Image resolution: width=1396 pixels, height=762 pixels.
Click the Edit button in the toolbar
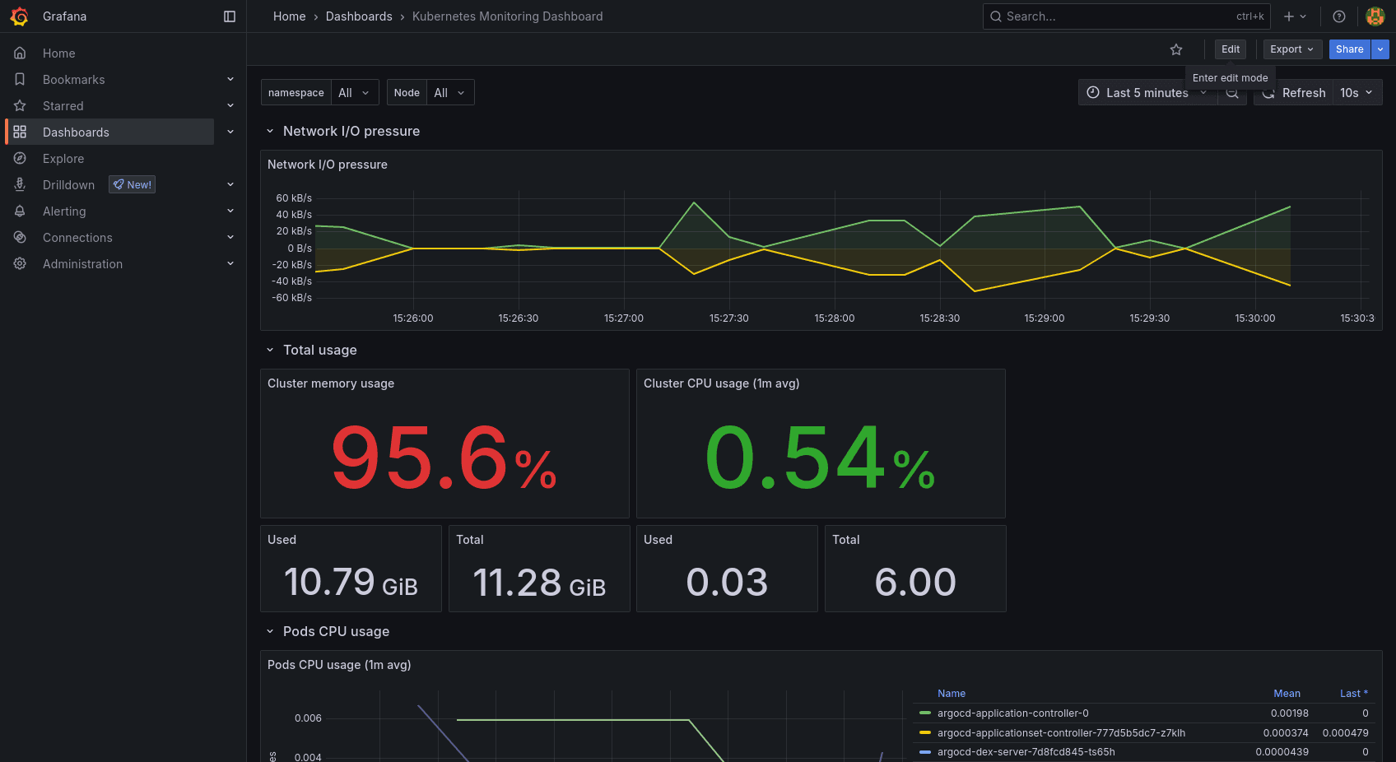tap(1230, 49)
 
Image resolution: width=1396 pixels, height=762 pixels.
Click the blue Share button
tap(1349, 49)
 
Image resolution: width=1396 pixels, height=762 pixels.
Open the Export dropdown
tap(1291, 49)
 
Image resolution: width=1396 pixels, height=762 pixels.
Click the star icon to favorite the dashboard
tap(1175, 49)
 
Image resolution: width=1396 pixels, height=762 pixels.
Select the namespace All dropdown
tap(354, 92)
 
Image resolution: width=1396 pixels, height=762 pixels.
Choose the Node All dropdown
tap(449, 92)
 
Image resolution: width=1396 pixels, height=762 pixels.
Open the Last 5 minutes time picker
tap(1147, 93)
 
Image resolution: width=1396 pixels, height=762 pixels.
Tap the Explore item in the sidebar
tap(63, 159)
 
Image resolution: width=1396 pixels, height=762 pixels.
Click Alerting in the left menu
tap(64, 211)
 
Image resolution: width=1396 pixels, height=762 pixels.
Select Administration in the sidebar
tap(82, 264)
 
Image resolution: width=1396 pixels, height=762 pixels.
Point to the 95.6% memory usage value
tap(444, 458)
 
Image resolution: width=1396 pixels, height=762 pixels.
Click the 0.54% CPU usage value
tap(820, 458)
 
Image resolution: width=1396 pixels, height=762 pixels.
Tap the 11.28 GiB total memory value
tap(539, 583)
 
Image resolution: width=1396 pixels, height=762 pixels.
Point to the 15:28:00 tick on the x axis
tap(834, 318)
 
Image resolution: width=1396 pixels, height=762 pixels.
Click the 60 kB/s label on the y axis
tap(294, 198)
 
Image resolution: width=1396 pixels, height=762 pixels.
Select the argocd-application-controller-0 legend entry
tap(1012, 713)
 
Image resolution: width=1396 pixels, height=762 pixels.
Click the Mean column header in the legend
tap(1287, 694)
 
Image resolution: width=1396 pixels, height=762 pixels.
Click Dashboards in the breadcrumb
tap(359, 16)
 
